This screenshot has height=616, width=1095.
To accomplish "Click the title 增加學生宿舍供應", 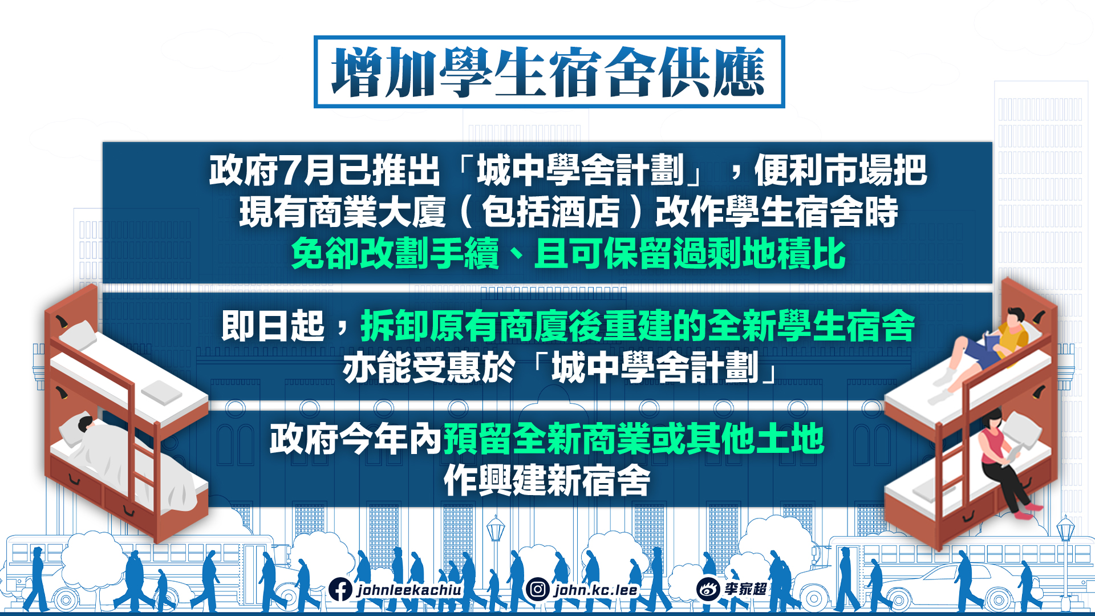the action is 549,72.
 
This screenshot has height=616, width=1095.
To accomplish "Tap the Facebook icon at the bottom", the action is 340,590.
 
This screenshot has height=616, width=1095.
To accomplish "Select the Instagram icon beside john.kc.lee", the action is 537,589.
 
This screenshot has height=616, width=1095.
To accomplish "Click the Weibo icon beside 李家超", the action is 708,589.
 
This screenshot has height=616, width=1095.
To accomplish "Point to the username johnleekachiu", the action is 409,590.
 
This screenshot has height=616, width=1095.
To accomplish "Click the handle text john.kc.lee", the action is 595,590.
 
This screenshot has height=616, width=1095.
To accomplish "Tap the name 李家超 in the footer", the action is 745,589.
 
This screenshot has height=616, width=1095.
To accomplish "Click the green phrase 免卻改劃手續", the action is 395,253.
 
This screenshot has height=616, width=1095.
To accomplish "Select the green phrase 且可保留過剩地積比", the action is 690,253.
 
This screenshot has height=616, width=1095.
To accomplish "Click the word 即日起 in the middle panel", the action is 273,326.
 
